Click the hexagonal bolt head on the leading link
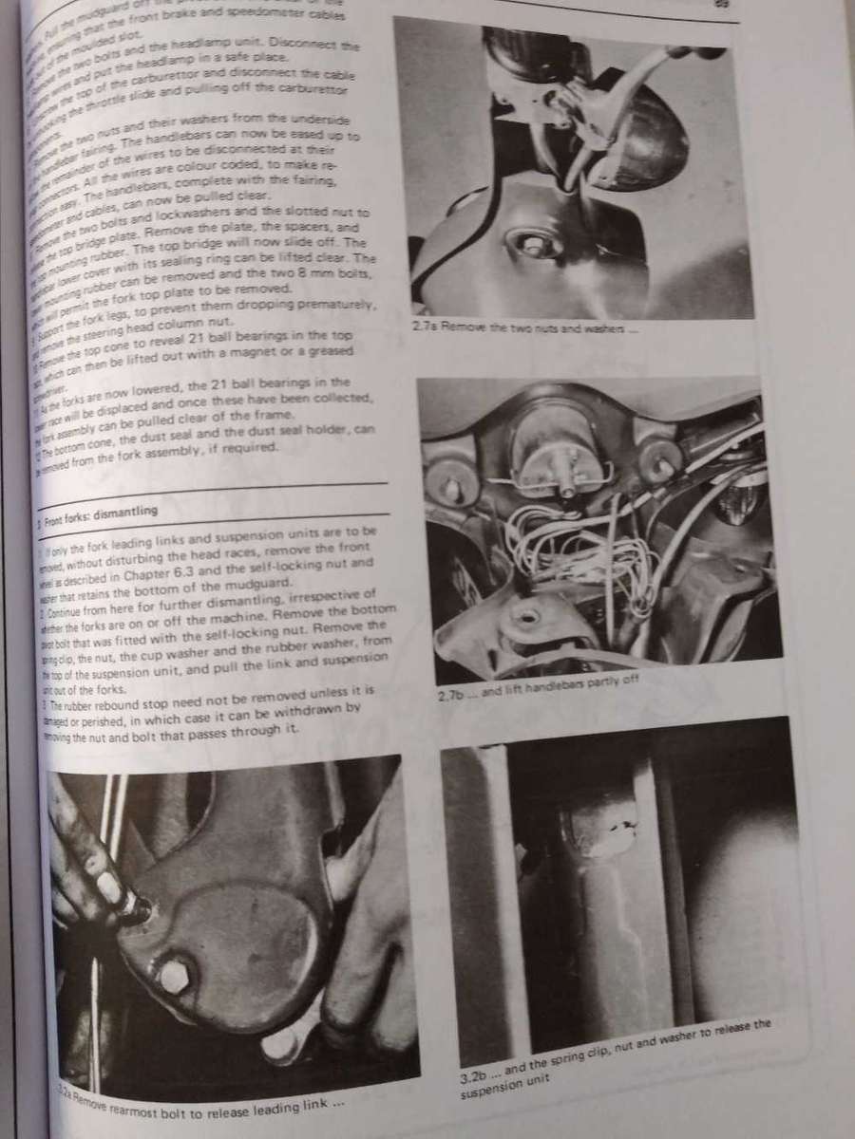(x=175, y=977)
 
